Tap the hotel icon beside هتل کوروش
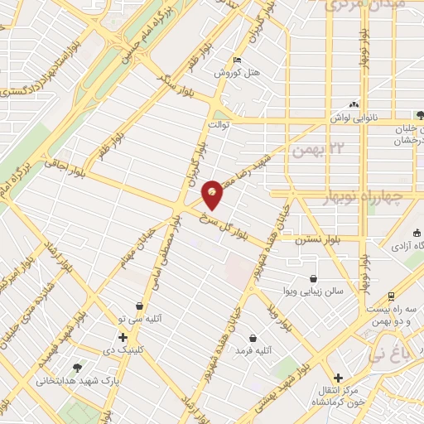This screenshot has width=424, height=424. click(x=238, y=60)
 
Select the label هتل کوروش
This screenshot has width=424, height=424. click(x=238, y=73)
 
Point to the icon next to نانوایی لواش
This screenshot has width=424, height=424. click(x=355, y=104)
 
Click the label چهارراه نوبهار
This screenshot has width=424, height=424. click(x=359, y=197)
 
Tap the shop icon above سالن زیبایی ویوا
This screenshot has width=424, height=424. click(x=313, y=278)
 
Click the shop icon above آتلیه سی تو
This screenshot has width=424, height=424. click(x=139, y=305)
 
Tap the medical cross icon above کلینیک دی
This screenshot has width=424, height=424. click(x=123, y=337)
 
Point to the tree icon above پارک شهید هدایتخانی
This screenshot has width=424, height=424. click(x=78, y=367)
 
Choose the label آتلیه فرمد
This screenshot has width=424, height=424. click(x=253, y=351)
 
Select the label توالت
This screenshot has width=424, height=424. click(x=218, y=125)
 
